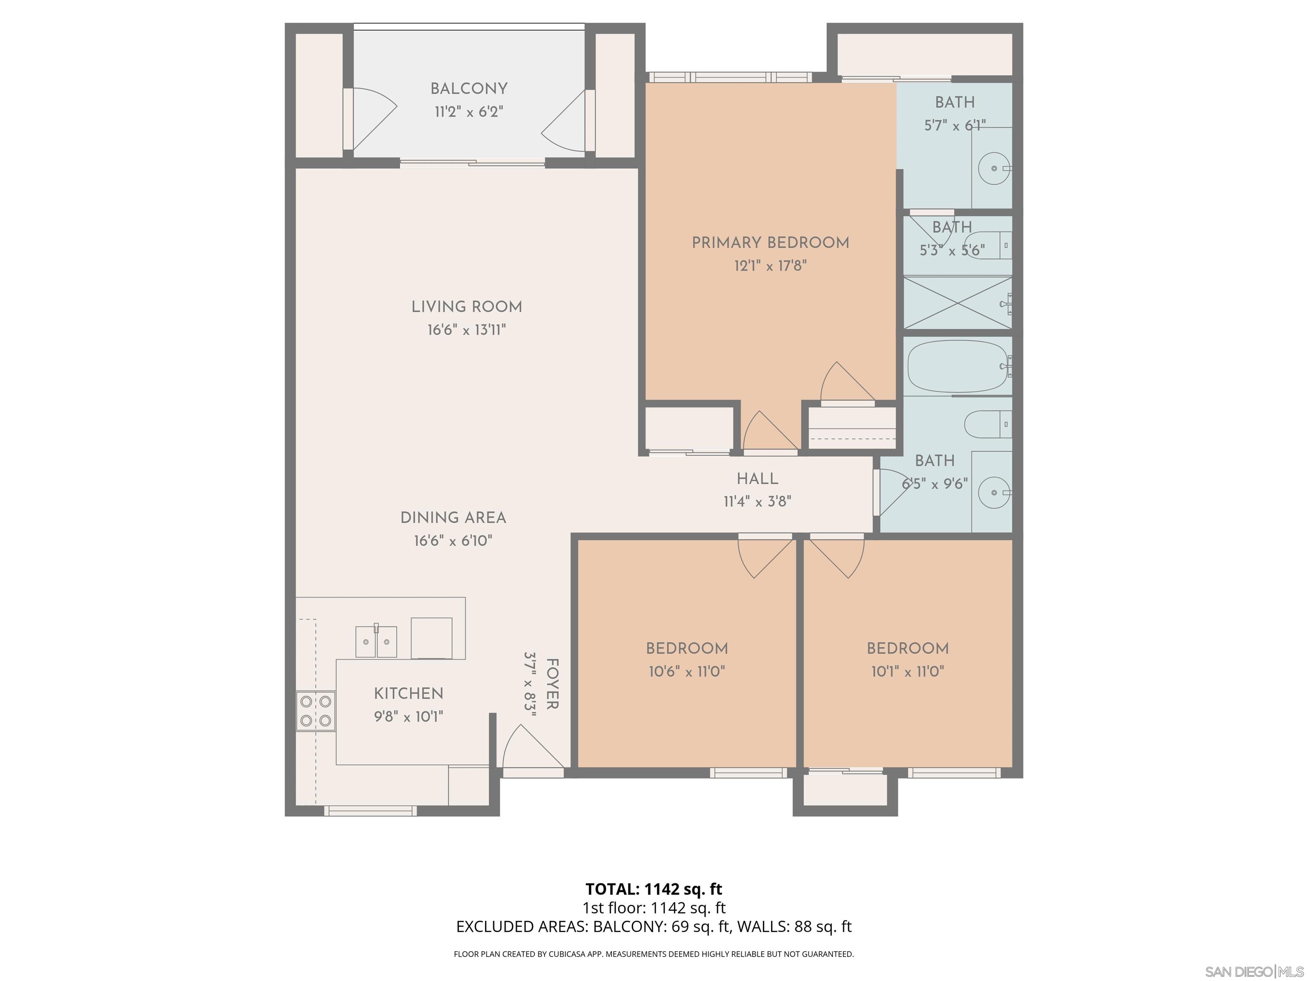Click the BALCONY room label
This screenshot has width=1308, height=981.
pos(468,89)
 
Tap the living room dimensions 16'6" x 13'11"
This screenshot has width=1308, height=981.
pos(467,330)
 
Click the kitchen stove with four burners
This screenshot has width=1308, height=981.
pos(316,711)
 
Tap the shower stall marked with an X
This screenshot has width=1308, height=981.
pos(957,302)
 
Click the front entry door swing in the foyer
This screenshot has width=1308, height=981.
pos(530,748)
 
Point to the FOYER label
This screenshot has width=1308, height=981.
pos(551,684)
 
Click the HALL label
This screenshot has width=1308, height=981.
pos(757,479)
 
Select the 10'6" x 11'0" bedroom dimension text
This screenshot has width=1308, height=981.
pos(686,672)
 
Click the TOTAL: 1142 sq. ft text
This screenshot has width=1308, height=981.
pos(654,889)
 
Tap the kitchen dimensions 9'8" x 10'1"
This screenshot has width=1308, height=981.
pos(408,717)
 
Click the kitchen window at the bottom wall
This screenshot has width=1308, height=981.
pos(370,811)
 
